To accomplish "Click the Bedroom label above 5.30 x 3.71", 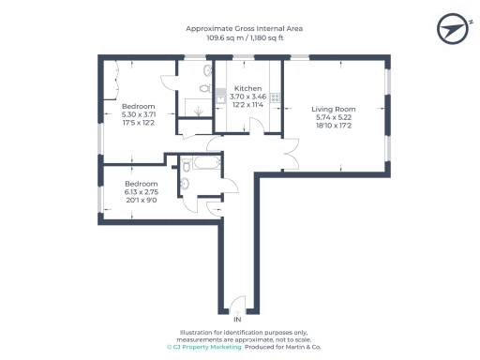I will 138,107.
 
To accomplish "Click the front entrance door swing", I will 236,305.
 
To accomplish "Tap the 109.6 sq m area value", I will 214,39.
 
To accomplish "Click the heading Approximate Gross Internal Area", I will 244,29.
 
